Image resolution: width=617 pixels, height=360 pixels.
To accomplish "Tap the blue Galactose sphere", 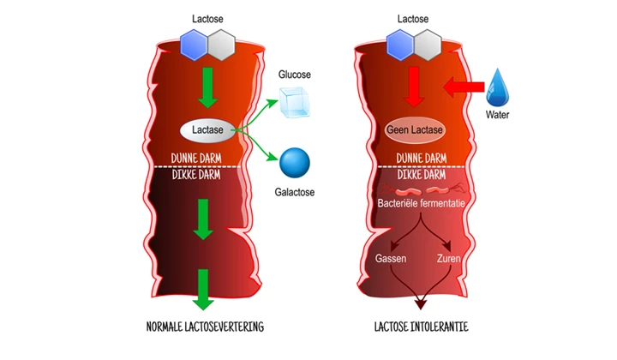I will coord(294,162).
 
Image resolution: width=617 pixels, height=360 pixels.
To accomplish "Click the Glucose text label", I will coord(296,75).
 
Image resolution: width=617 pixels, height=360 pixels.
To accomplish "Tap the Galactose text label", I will coord(294,192).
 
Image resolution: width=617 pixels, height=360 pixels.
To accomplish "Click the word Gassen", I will coord(391,257).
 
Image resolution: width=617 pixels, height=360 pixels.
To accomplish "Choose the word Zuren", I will coord(446,257).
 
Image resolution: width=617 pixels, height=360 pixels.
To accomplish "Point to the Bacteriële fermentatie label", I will coord(419,204).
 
